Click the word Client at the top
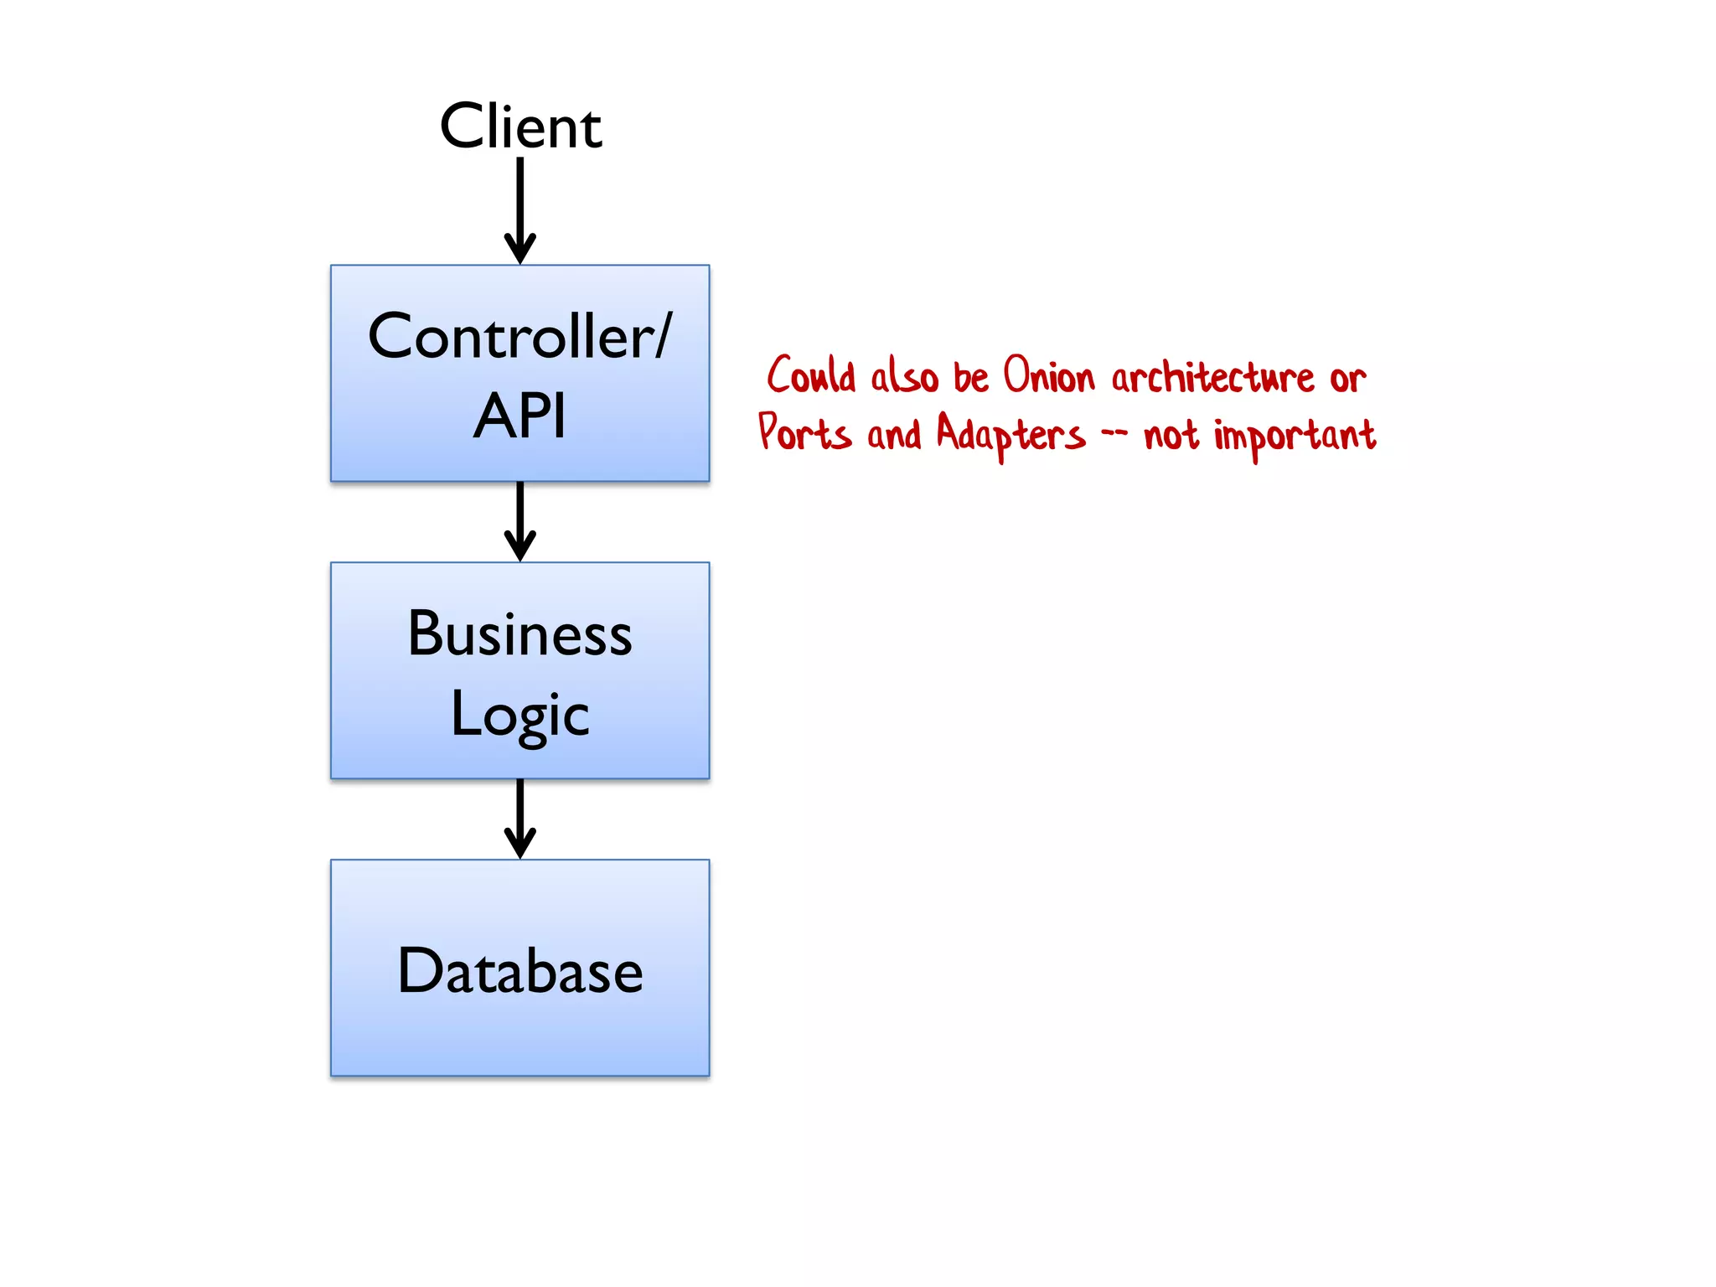pyautogui.click(x=520, y=127)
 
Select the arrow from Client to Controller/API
pyautogui.click(x=520, y=209)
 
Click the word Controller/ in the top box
pyautogui.click(x=520, y=336)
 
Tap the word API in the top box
pyautogui.click(x=520, y=416)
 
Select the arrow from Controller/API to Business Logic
pyautogui.click(x=520, y=520)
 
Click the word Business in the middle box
pyautogui.click(x=520, y=633)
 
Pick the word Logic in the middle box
pyautogui.click(x=520, y=715)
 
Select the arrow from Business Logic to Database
pyautogui.click(x=520, y=818)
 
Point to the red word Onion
pyautogui.click(x=1048, y=375)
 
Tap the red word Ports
pyautogui.click(x=804, y=433)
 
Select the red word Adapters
pyautogui.click(x=1010, y=435)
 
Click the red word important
pyautogui.click(x=1295, y=437)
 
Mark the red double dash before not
pyautogui.click(x=1114, y=434)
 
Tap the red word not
pyautogui.click(x=1171, y=435)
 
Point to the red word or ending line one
pyautogui.click(x=1347, y=380)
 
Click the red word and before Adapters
pyautogui.click(x=893, y=435)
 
